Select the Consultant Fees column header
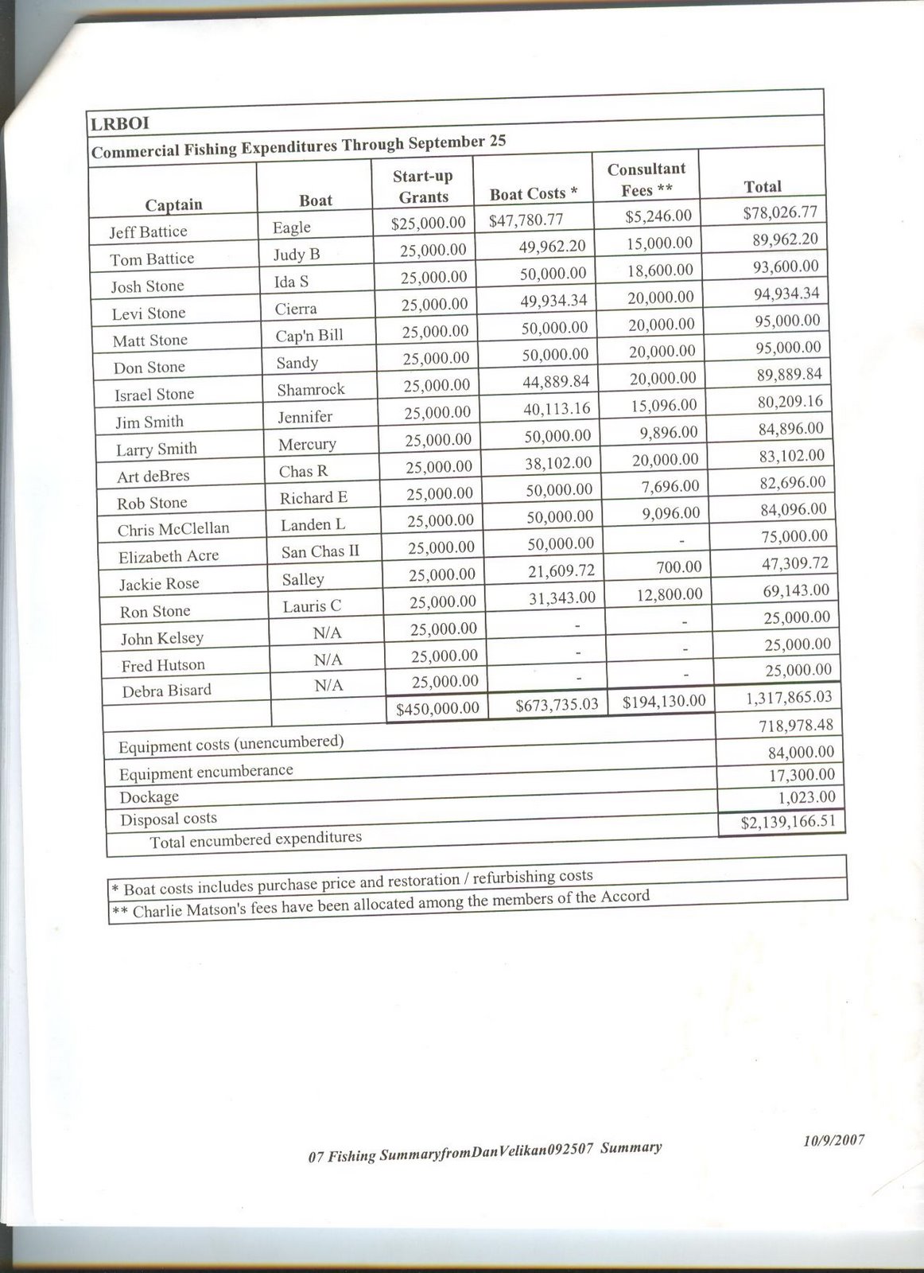(646, 179)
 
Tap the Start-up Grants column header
(423, 186)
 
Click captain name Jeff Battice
(149, 232)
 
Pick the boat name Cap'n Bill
(309, 335)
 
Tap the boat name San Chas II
(320, 551)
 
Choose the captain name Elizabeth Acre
(169, 556)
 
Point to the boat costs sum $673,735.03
(556, 704)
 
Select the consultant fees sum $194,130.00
(663, 701)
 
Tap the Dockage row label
(149, 796)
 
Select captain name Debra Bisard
(167, 691)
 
